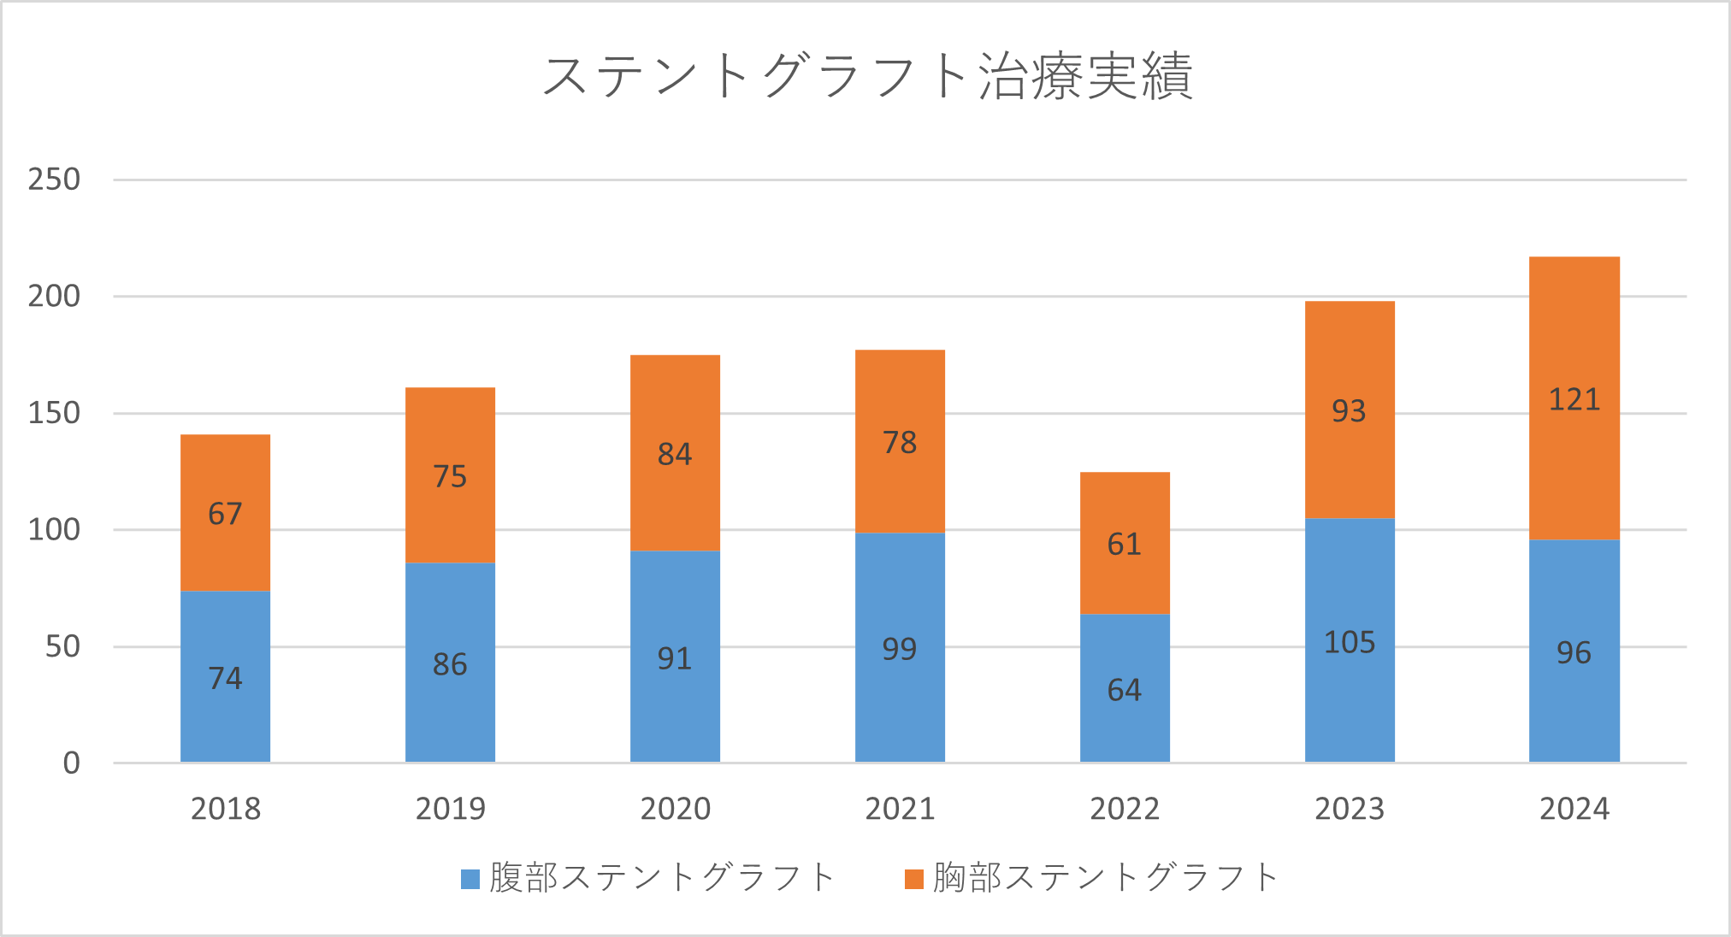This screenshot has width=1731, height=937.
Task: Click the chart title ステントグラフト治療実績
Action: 866,77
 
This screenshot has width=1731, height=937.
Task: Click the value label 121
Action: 1574,400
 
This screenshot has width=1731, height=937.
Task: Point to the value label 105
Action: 1349,643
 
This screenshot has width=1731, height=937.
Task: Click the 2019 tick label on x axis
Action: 450,809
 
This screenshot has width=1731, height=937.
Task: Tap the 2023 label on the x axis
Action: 1349,809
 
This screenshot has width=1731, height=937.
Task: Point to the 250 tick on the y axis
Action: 54,180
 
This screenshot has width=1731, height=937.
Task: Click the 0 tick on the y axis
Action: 72,763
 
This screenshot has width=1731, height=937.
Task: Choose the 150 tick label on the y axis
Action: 54,413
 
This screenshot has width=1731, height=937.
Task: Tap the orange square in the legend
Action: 914,879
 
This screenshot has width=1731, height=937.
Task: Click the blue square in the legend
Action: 470,879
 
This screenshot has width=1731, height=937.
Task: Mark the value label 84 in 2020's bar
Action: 674,455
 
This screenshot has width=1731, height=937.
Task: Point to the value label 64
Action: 1124,691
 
